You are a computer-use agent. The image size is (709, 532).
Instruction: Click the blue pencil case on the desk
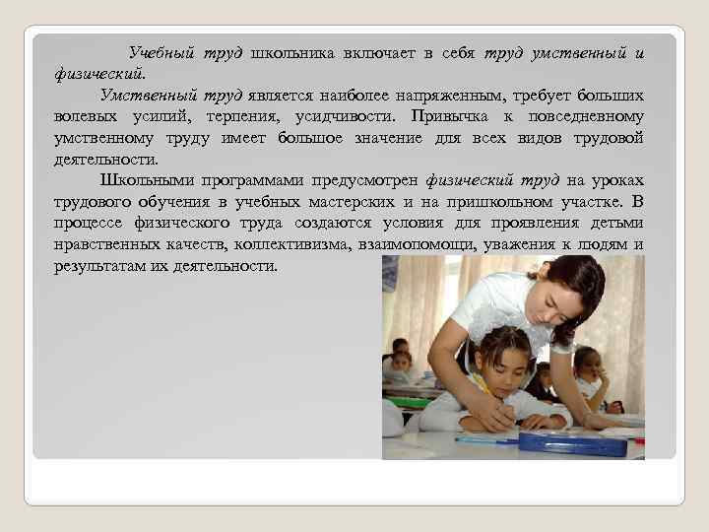pyautogui.click(x=572, y=442)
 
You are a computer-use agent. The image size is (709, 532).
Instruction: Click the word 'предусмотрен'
pyautogui.click(x=362, y=180)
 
